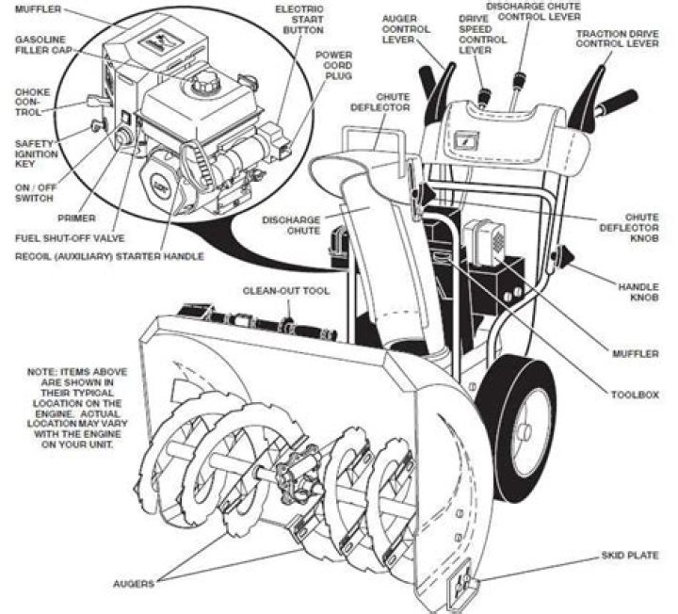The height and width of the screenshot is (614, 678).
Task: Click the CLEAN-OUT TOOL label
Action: (286, 291)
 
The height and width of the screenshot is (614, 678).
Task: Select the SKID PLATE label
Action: (630, 556)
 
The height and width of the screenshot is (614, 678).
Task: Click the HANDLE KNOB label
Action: (638, 291)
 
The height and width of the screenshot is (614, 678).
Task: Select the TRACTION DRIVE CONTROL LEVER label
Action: (617, 39)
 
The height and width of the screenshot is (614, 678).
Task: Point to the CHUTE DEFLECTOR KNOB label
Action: (638, 227)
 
